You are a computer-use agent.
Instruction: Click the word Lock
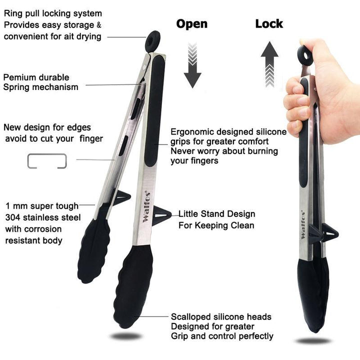(269, 23)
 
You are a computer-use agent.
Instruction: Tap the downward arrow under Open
(192, 65)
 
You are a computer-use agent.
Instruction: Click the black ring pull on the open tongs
(153, 40)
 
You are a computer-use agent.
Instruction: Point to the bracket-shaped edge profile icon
(47, 161)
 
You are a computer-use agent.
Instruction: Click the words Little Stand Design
(217, 214)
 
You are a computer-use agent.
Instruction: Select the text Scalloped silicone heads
(221, 316)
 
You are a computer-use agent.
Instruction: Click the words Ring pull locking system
(52, 13)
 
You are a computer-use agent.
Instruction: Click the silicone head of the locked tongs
(312, 295)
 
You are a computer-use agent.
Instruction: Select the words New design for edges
(47, 127)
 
